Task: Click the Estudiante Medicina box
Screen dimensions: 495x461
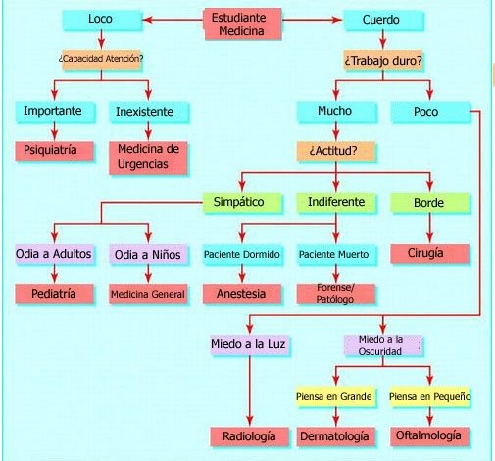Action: (x=243, y=25)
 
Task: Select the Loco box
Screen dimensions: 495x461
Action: (x=102, y=21)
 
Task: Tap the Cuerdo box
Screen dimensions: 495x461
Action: (x=383, y=21)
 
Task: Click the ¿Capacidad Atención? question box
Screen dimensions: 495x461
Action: (x=102, y=59)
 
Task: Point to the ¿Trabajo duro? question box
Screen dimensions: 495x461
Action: (x=383, y=60)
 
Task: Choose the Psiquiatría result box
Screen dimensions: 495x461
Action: (x=54, y=151)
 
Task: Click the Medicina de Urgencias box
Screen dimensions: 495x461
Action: (x=148, y=157)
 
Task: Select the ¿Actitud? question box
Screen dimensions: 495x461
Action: (x=335, y=151)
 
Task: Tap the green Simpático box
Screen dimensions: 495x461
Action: (x=242, y=203)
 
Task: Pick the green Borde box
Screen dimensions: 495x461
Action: (x=430, y=203)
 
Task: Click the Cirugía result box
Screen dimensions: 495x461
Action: (x=429, y=253)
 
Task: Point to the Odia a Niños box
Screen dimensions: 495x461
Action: (x=149, y=254)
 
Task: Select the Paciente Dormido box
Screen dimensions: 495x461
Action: (x=242, y=254)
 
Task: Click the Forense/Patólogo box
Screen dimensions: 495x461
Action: (x=336, y=294)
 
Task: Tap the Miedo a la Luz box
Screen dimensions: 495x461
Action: (x=250, y=345)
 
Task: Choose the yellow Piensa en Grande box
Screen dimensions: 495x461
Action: (x=335, y=396)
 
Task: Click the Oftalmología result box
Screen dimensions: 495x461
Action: (x=429, y=436)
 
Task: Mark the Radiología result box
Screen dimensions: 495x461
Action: (x=250, y=436)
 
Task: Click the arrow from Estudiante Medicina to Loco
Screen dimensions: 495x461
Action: (x=173, y=20)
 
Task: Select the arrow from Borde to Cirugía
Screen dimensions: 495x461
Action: (x=430, y=228)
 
